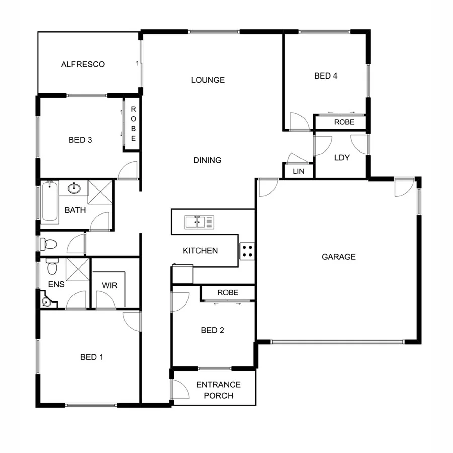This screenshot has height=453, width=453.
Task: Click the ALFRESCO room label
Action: pyautogui.click(x=83, y=64)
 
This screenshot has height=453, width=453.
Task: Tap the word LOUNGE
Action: pyautogui.click(x=208, y=80)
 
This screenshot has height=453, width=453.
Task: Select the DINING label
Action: pyautogui.click(x=207, y=160)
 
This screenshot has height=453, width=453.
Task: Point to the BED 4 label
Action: pyautogui.click(x=326, y=76)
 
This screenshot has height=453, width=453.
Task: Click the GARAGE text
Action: pyautogui.click(x=339, y=257)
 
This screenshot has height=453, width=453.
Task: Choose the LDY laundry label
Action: pyautogui.click(x=342, y=158)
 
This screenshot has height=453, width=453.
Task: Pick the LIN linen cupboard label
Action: pyautogui.click(x=299, y=172)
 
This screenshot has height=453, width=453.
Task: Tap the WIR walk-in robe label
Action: pyautogui.click(x=110, y=286)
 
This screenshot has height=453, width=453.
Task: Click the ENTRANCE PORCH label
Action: pyautogui.click(x=218, y=390)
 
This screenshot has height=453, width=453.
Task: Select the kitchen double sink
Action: pyautogui.click(x=199, y=221)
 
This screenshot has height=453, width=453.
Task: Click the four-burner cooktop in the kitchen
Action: pyautogui.click(x=247, y=250)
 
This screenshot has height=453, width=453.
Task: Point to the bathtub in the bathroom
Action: pyautogui.click(x=50, y=203)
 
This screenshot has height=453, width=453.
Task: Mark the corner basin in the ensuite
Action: pyautogui.click(x=47, y=301)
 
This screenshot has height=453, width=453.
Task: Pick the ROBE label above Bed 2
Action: pyautogui.click(x=228, y=292)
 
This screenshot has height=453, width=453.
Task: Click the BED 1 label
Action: pyautogui.click(x=92, y=357)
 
